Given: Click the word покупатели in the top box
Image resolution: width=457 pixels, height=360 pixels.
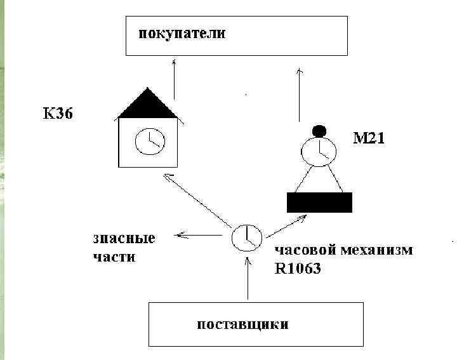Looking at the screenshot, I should [x=183, y=33].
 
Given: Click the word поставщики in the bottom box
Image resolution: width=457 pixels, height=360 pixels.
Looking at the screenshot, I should [x=242, y=324].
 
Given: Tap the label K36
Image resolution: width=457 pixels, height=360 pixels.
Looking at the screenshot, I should [x=58, y=114].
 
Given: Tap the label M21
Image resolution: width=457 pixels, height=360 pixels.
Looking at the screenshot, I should [x=369, y=137].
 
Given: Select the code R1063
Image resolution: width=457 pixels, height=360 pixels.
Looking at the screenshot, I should [x=298, y=269].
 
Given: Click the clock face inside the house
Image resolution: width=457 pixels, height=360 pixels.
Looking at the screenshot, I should [x=150, y=142].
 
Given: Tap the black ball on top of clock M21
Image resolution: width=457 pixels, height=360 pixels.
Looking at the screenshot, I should [x=319, y=131].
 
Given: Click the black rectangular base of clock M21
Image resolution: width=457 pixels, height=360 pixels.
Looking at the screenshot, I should [x=319, y=202].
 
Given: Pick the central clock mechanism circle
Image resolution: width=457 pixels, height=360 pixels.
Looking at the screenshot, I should [x=245, y=237].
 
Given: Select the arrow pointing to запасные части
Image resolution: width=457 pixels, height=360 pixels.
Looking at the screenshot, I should [x=201, y=236].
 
